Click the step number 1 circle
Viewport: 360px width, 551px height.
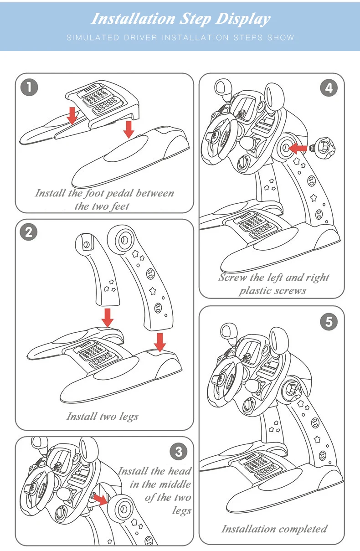tap(29, 88)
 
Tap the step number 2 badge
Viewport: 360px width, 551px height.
tap(29, 232)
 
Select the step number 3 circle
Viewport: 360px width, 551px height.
tap(179, 451)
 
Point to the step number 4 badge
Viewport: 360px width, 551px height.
tap(329, 88)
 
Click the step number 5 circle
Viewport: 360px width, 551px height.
tap(329, 322)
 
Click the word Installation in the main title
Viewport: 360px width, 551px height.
tap(133, 19)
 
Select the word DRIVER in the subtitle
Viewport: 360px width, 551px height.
tap(140, 37)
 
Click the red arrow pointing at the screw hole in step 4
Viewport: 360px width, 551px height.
tap(297, 148)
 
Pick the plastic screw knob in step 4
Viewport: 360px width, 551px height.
tap(323, 148)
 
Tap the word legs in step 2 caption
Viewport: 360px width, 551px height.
tap(129, 417)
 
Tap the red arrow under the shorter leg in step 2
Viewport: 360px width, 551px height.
tap(108, 318)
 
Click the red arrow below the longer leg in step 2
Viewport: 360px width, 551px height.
tap(160, 342)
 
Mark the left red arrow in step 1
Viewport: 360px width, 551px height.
tap(72, 116)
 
